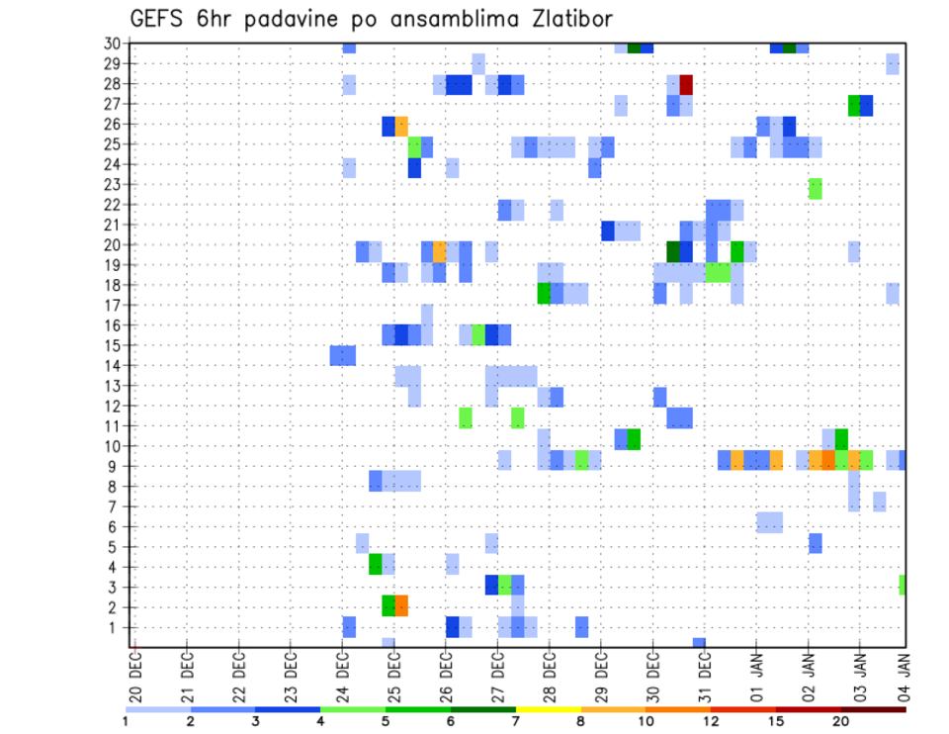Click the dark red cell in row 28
686,84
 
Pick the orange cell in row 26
401,126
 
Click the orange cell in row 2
401,604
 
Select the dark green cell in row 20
673,251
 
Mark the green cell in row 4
376,564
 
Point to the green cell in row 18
544,293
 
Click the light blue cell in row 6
769,521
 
